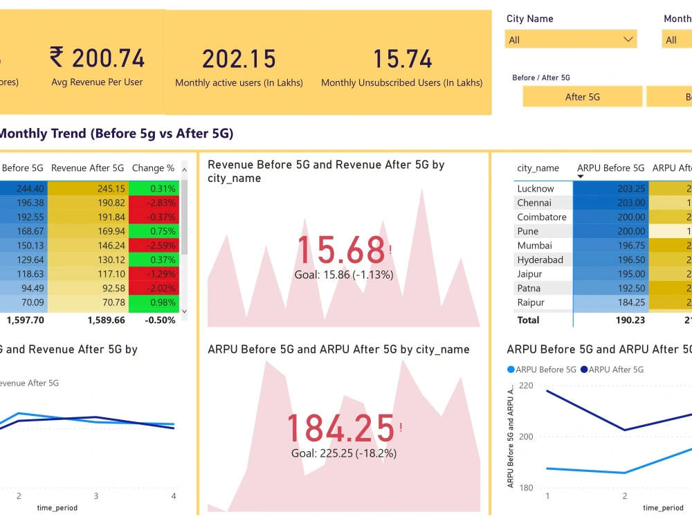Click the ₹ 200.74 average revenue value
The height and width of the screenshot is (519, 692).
coord(98,58)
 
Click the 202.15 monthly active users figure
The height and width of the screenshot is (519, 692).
coord(239,59)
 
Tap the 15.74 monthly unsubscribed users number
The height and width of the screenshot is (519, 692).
coord(402,59)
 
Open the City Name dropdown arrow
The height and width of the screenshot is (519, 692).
coord(628,39)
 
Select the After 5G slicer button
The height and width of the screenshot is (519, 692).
coord(582,97)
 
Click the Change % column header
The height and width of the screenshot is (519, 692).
coord(153,168)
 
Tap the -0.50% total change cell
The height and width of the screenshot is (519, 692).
coord(160,320)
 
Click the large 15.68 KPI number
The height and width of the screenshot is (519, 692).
coord(340,250)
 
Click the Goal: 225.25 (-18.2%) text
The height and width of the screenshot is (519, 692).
coord(343,453)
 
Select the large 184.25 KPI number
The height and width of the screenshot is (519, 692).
coord(340,428)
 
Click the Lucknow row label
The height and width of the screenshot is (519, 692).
coord(535,188)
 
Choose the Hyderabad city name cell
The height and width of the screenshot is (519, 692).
coord(540,260)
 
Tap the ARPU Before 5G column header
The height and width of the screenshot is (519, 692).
coord(610,168)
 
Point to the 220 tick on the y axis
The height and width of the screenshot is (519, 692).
coord(525,385)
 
